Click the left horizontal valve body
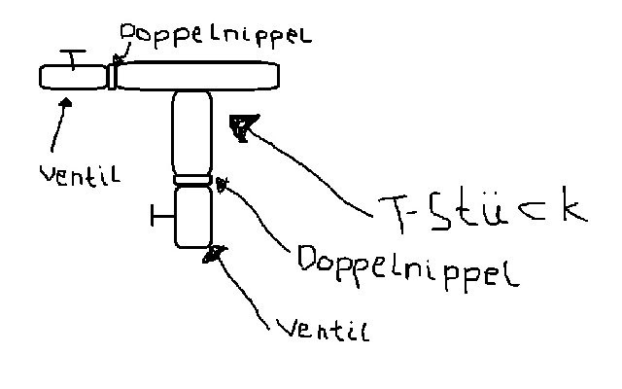pyautogui.click(x=73, y=77)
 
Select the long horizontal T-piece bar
pyautogui.click(x=199, y=75)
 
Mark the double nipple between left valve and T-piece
pyautogui.click(x=113, y=76)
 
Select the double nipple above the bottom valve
pyautogui.click(x=191, y=179)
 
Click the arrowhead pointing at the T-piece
pyautogui.click(x=240, y=124)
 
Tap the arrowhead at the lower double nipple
pyautogui.click(x=223, y=183)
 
